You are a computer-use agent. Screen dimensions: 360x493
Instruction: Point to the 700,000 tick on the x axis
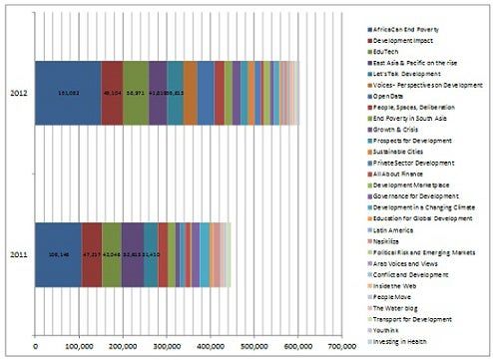(341, 346)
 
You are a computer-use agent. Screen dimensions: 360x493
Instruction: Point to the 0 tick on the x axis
(36, 346)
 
